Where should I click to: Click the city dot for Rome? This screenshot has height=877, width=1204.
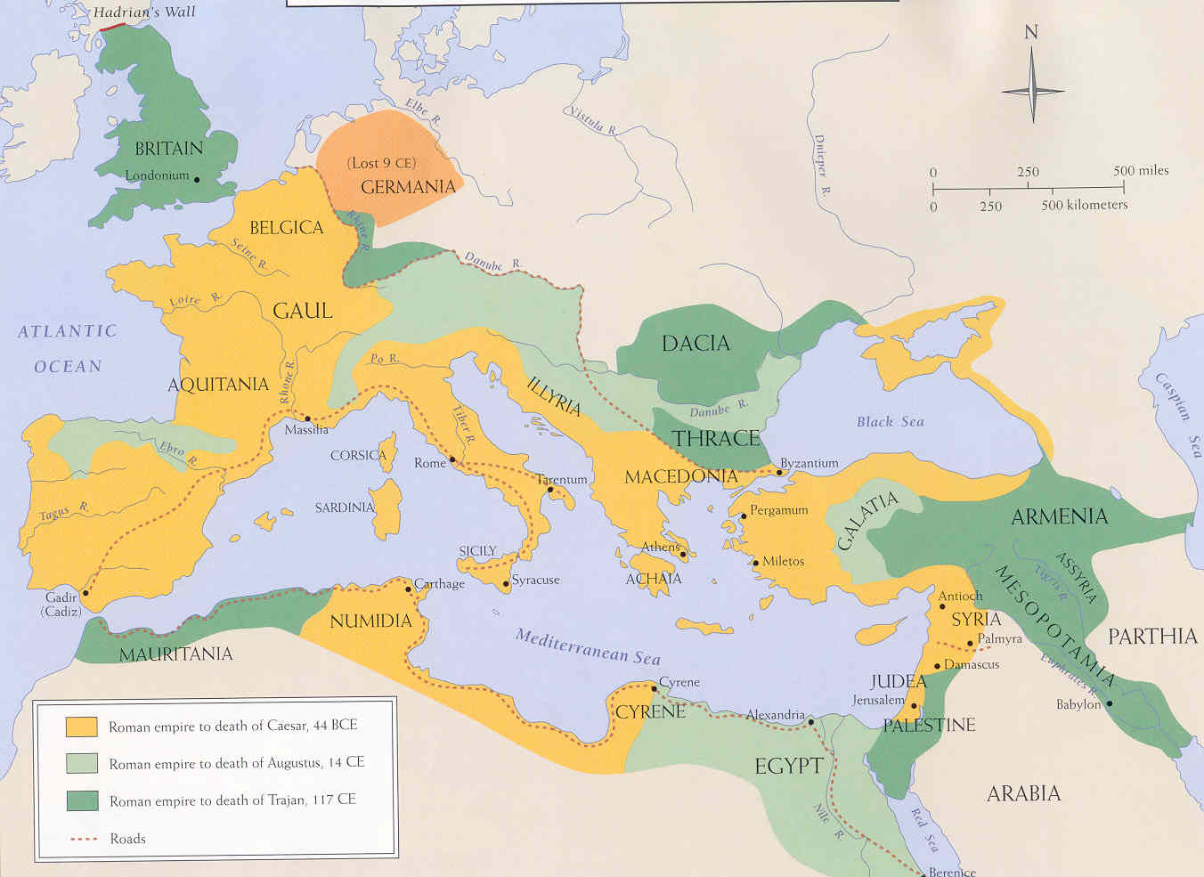[x=452, y=460]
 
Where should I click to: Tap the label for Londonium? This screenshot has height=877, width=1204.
[x=157, y=175]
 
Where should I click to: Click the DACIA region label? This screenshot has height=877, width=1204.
[x=696, y=344]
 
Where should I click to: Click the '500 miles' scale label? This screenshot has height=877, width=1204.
[x=1141, y=170]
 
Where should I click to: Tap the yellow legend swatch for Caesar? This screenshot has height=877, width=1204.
[x=81, y=726]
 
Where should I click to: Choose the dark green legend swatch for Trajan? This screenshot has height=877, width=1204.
[x=81, y=800]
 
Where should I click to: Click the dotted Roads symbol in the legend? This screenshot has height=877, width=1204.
[x=82, y=839]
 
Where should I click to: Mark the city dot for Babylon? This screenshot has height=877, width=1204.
[x=1109, y=703]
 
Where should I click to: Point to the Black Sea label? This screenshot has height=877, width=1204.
[x=890, y=422]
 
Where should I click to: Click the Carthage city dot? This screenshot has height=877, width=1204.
[x=409, y=589]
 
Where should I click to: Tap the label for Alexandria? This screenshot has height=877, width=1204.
[x=775, y=715]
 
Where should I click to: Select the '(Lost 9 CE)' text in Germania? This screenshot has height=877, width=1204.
[x=381, y=163]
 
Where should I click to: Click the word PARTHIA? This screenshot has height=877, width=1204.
[x=1152, y=637]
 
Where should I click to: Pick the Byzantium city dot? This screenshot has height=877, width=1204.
[x=778, y=472]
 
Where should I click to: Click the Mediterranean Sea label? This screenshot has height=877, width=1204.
[x=588, y=647]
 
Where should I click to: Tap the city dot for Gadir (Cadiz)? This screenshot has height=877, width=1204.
[x=85, y=592]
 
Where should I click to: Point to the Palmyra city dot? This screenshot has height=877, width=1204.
[x=970, y=643]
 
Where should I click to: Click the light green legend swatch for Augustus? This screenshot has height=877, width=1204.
[x=81, y=763]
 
